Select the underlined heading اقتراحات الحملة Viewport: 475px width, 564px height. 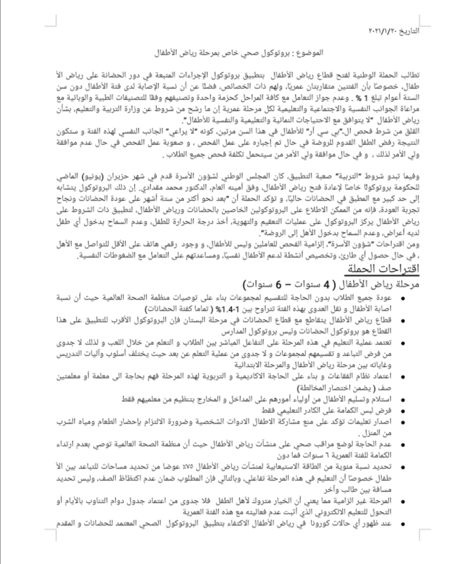(x=383, y=268)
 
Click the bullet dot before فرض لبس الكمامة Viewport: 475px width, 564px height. (x=402, y=411)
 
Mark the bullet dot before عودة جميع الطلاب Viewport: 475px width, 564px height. (x=402, y=299)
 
